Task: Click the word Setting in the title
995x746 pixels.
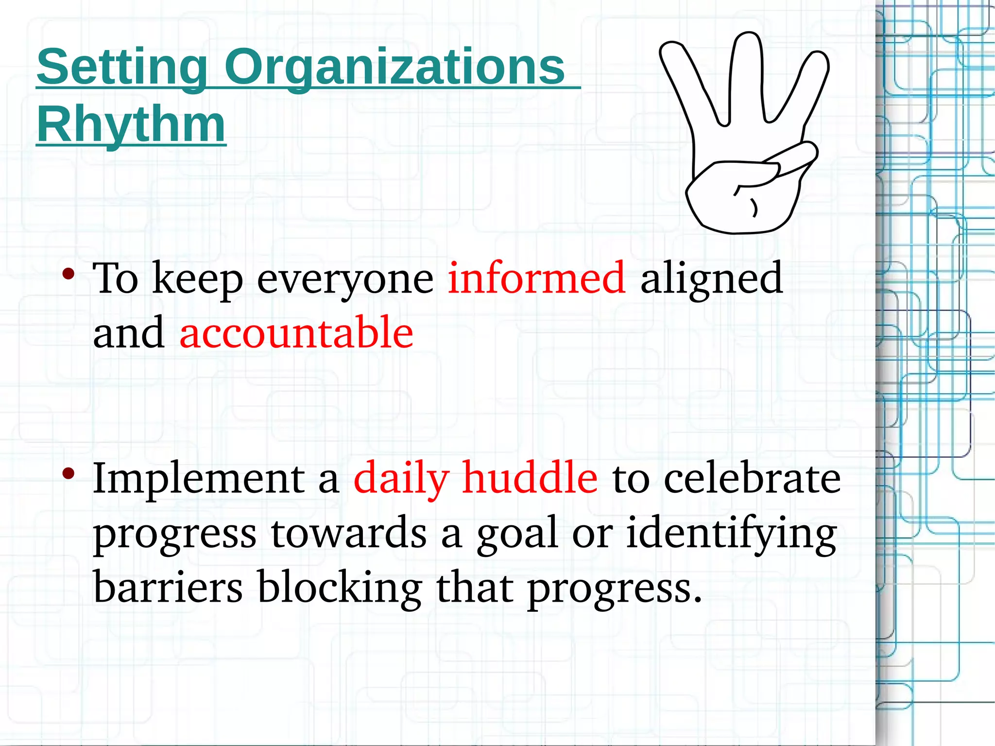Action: click(x=122, y=68)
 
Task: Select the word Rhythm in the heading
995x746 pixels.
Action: click(x=131, y=124)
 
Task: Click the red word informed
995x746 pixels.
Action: click(x=536, y=278)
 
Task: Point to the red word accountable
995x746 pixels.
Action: click(x=296, y=332)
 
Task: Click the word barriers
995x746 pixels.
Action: click(x=168, y=587)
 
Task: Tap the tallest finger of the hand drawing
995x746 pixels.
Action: click(x=748, y=73)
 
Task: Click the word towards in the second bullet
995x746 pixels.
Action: click(x=348, y=534)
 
